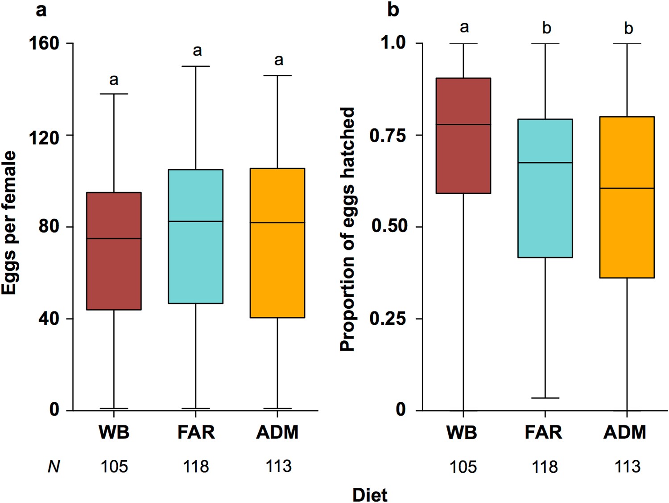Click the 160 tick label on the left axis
(x=44, y=43)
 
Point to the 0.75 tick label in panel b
(x=388, y=135)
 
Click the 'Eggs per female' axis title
(x=9, y=223)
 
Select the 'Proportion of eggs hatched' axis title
(x=347, y=229)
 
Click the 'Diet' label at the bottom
(x=370, y=495)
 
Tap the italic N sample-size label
(x=54, y=466)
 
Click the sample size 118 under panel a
(x=196, y=466)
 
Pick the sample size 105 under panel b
(x=463, y=467)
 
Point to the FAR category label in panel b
(x=543, y=432)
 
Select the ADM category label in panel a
(x=277, y=432)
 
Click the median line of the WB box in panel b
(x=463, y=124)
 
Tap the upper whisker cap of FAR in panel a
(x=195, y=66)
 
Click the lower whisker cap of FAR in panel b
(x=545, y=398)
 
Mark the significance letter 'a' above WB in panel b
(x=464, y=28)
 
